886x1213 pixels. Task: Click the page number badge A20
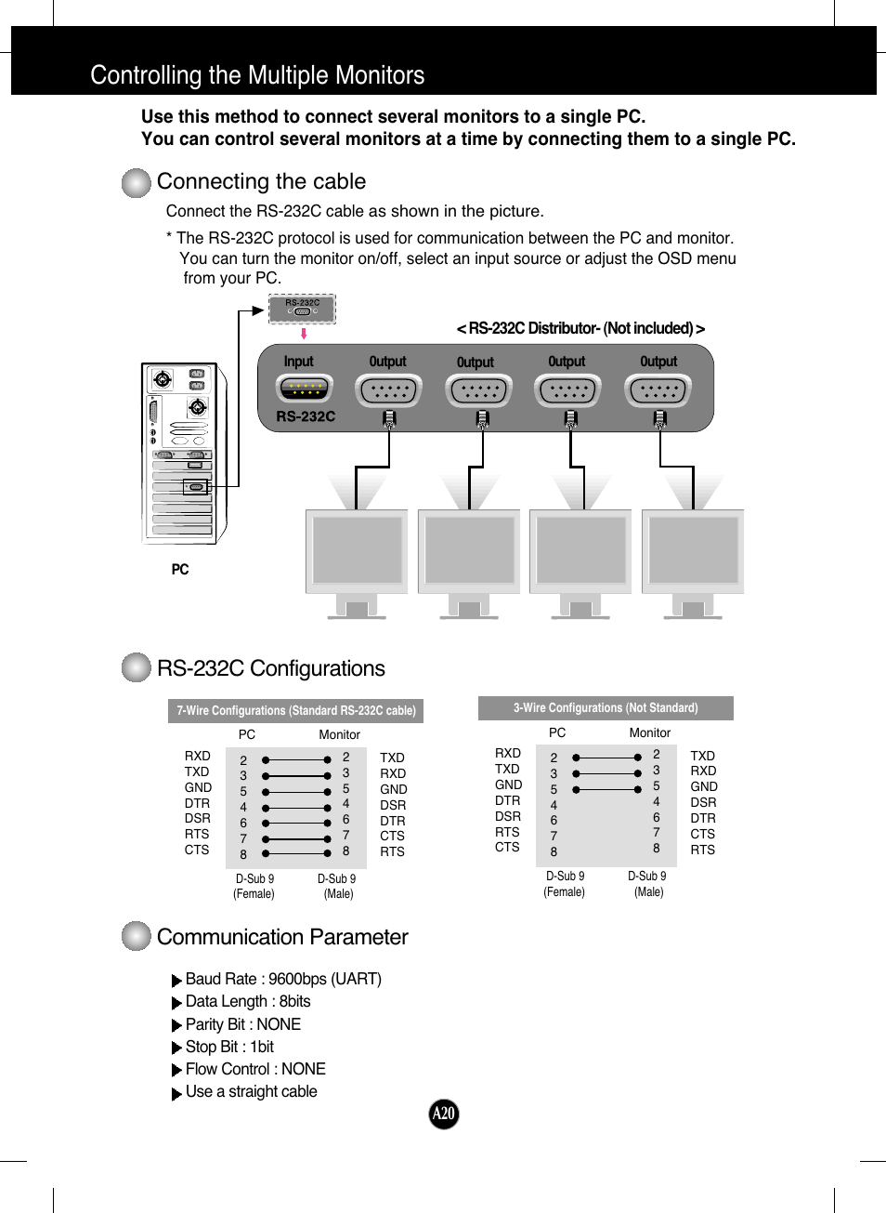pyautogui.click(x=444, y=1113)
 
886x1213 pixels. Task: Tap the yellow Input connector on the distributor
pyautogui.click(x=304, y=389)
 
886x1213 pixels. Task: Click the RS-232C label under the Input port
pyautogui.click(x=306, y=416)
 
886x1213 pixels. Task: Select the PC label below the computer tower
pyautogui.click(x=180, y=569)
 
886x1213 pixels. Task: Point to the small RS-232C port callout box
pyautogui.click(x=302, y=309)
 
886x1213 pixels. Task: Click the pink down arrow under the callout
pyautogui.click(x=304, y=334)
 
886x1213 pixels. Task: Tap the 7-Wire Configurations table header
pyautogui.click(x=295, y=710)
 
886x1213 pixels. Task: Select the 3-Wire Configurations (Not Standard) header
pyautogui.click(x=606, y=707)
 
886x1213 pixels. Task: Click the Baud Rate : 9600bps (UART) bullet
pyautogui.click(x=282, y=979)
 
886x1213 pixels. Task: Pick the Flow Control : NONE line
pyautogui.click(x=254, y=1069)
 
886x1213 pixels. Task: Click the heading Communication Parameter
pyautogui.click(x=282, y=937)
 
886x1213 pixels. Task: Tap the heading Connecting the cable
pyautogui.click(x=261, y=181)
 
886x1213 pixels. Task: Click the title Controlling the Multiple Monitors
pyautogui.click(x=257, y=75)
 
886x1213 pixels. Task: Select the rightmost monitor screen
pyautogui.click(x=693, y=550)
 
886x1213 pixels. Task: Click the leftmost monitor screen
pyautogui.click(x=357, y=550)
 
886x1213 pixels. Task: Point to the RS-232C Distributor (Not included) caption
pyautogui.click(x=580, y=328)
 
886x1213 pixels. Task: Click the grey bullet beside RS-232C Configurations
pyautogui.click(x=137, y=667)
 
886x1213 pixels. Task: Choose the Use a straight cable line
pyautogui.click(x=251, y=1091)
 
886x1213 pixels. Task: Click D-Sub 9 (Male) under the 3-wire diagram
pyautogui.click(x=647, y=884)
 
